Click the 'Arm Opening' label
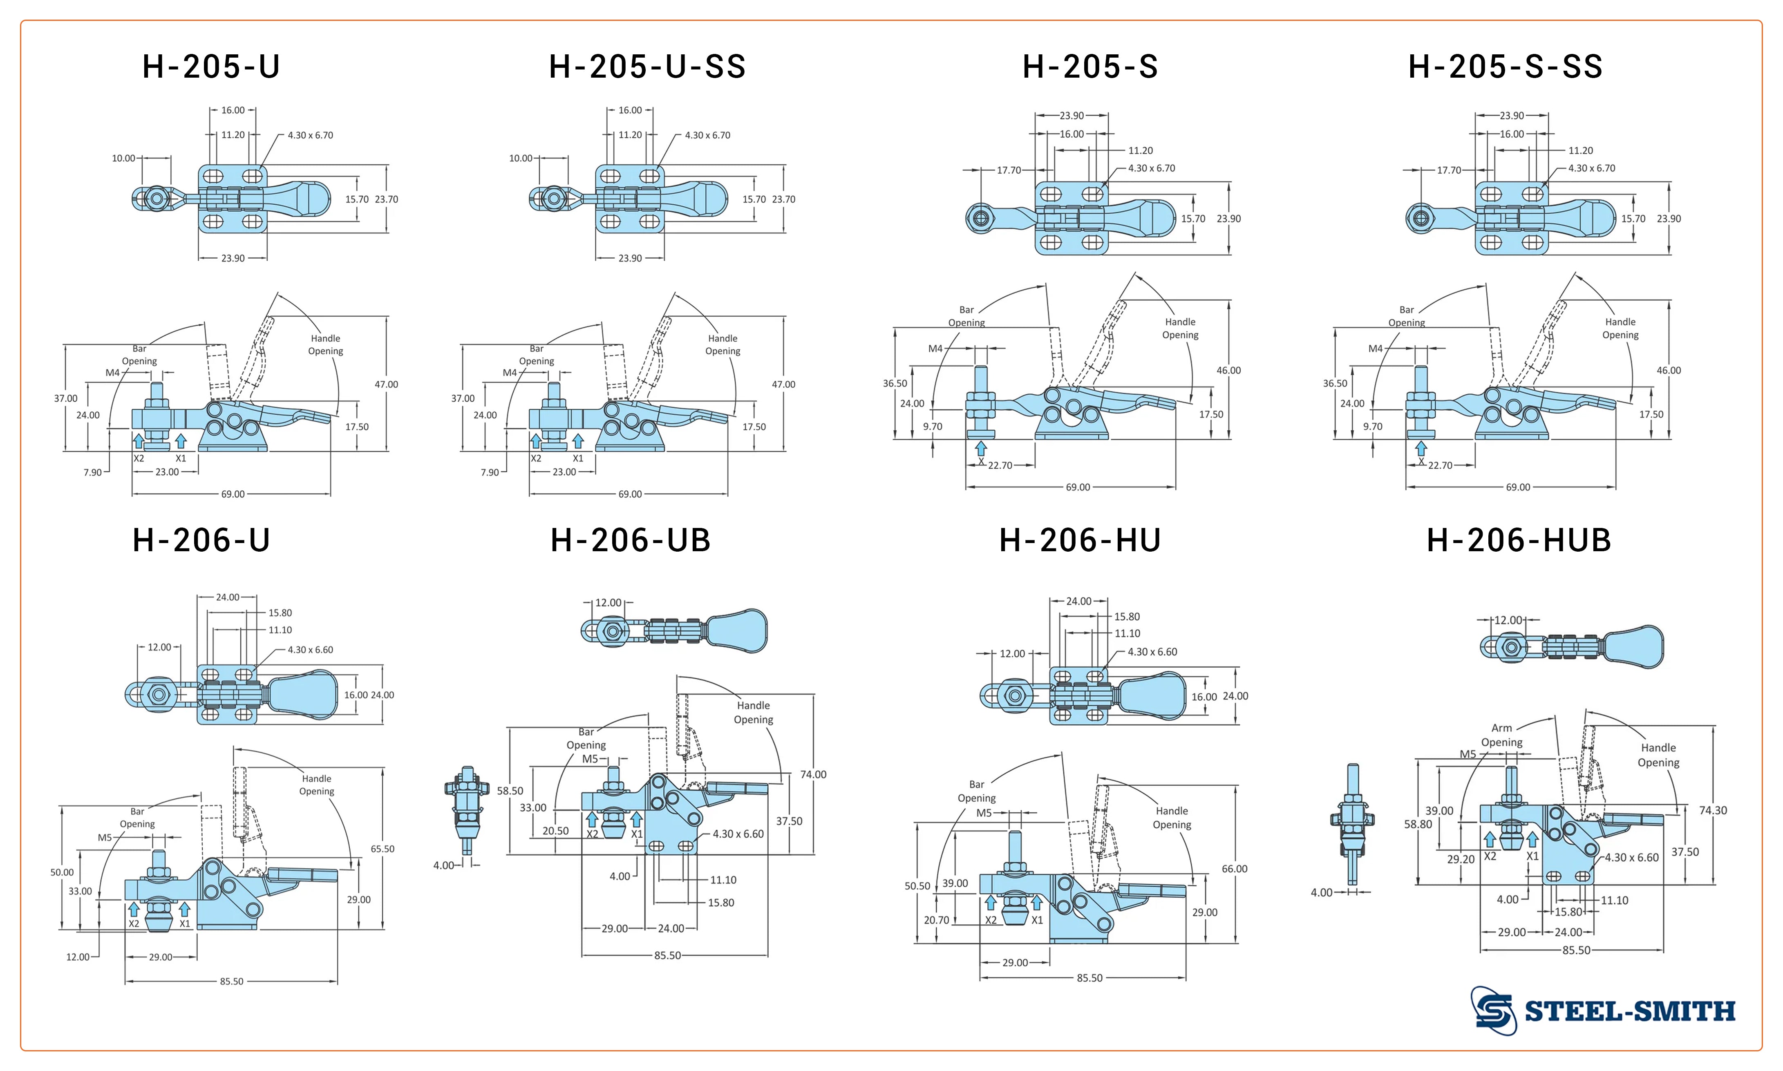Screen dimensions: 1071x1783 (1501, 735)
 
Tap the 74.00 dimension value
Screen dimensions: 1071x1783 (813, 774)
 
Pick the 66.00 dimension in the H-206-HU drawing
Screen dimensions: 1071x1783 (1234, 869)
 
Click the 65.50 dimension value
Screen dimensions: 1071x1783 (383, 849)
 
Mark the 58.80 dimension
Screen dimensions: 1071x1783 (1418, 824)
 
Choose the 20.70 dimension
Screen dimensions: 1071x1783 (937, 920)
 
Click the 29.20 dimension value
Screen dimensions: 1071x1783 (1461, 860)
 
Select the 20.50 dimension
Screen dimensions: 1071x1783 (556, 831)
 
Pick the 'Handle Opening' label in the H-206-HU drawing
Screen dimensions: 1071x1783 (1171, 818)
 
